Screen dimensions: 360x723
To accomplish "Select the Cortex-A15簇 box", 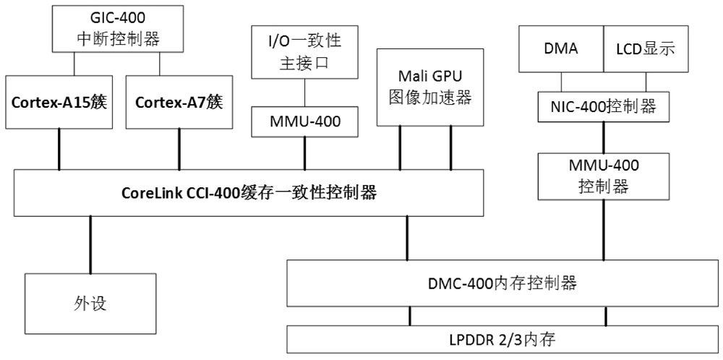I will (59, 102).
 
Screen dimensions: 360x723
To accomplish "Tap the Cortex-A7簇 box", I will (179, 102).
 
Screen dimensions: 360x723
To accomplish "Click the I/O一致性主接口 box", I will (304, 52).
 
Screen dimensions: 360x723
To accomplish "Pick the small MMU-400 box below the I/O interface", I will (304, 122).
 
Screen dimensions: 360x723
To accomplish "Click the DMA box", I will (560, 48).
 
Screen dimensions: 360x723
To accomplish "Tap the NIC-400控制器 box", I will (603, 106).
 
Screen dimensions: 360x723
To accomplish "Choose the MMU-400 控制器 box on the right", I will (603, 176).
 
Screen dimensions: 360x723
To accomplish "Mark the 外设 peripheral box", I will (90, 303).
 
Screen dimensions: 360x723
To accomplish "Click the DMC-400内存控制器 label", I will (504, 283).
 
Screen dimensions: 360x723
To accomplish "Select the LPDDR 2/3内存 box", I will (504, 338).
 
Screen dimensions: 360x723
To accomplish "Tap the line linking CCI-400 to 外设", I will (90, 244).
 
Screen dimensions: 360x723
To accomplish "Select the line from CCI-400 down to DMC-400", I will (407, 239).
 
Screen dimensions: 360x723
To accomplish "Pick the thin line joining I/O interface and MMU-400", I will (304, 93).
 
